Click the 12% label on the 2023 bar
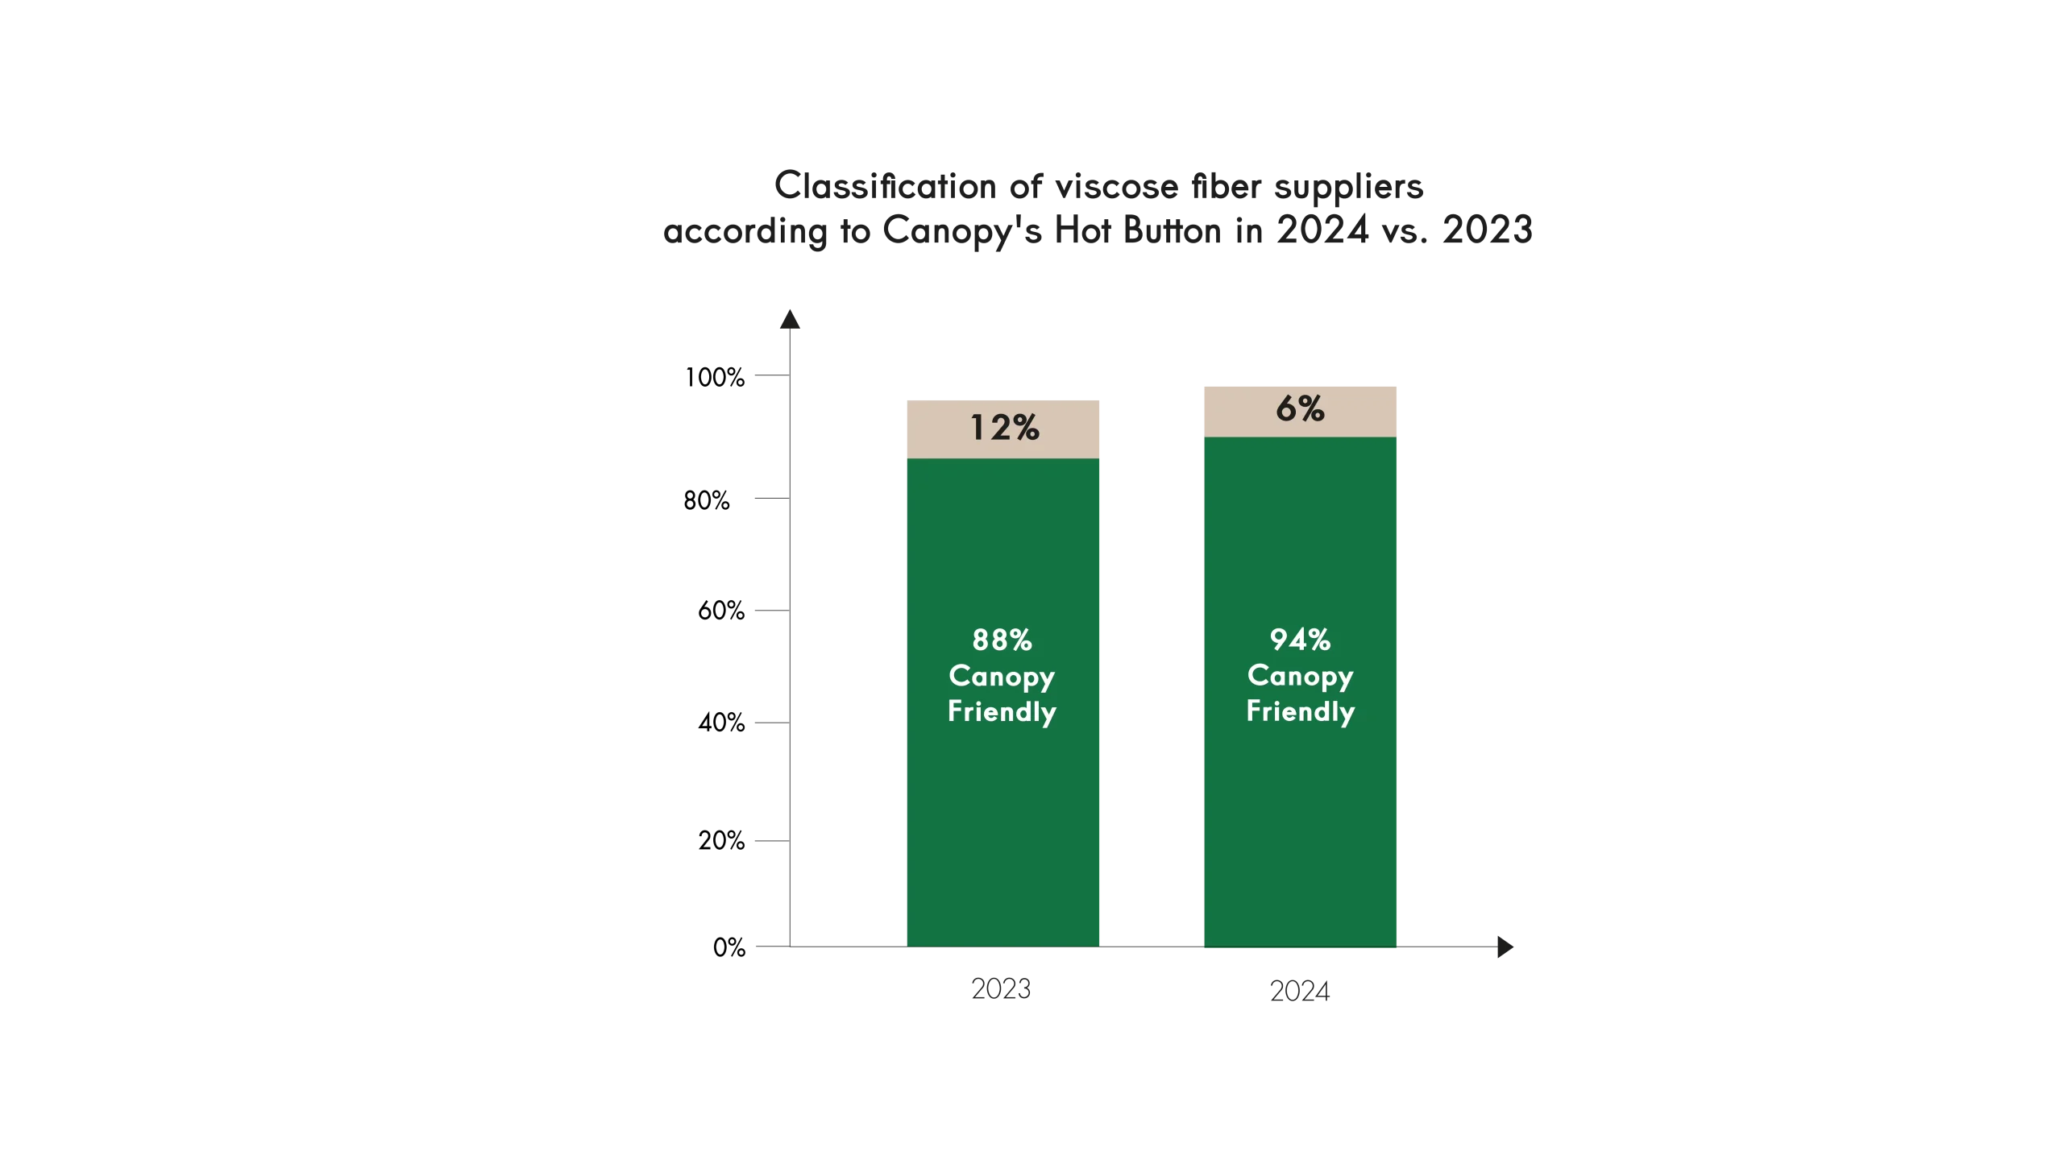pyautogui.click(x=1004, y=428)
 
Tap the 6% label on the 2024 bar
pyautogui.click(x=1300, y=409)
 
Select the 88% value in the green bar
pyautogui.click(x=1002, y=640)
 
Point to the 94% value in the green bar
pyautogui.click(x=1300, y=640)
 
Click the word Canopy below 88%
pyautogui.click(x=1002, y=677)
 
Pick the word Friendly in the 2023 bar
pyautogui.click(x=1002, y=712)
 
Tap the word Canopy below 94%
pyautogui.click(x=1300, y=677)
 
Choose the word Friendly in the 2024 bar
pyautogui.click(x=1300, y=712)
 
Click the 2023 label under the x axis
pyautogui.click(x=999, y=988)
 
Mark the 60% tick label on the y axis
pyautogui.click(x=721, y=614)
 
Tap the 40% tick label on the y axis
pyautogui.click(x=721, y=724)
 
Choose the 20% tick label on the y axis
pyautogui.click(x=719, y=840)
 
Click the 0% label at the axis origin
pyautogui.click(x=729, y=947)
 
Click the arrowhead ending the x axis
pyautogui.click(x=1505, y=947)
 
